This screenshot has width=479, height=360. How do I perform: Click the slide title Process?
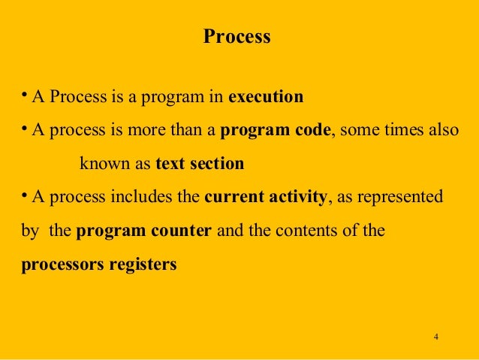click(236, 37)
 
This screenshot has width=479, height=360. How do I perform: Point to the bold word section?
click(218, 163)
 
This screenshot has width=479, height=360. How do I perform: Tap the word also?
click(444, 130)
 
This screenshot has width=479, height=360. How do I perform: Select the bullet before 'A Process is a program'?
click(24, 95)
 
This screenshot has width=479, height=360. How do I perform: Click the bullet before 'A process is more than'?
click(24, 129)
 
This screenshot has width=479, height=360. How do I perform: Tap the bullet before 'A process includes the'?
click(24, 195)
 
